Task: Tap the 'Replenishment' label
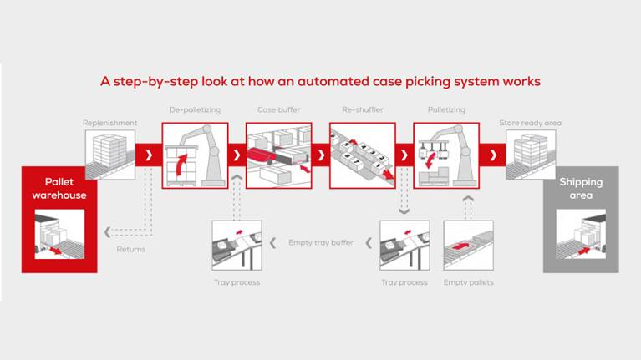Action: point(109,123)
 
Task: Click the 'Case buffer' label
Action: point(277,109)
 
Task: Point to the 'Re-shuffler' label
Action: point(361,109)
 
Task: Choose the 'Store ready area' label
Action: point(530,123)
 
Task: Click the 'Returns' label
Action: point(130,249)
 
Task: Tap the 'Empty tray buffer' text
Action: point(320,242)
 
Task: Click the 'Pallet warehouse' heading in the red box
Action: point(53,189)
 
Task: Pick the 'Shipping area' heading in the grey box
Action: point(580,189)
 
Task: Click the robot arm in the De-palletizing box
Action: point(204,150)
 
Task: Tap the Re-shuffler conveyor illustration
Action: point(362,155)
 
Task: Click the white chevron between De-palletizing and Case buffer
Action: point(237,155)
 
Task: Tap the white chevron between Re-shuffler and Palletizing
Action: point(404,155)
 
